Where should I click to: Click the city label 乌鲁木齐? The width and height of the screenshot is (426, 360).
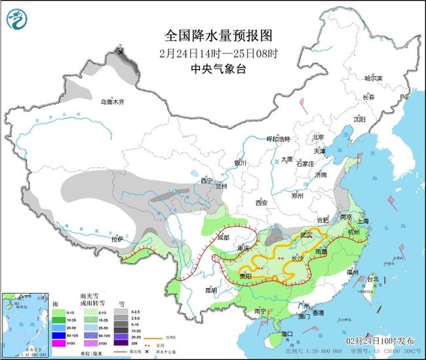coord(111,102)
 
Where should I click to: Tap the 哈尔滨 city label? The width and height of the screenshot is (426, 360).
coord(373,78)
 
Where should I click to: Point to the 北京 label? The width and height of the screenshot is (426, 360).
coord(319,137)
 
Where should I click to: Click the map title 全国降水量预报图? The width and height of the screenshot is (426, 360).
coord(208,34)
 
